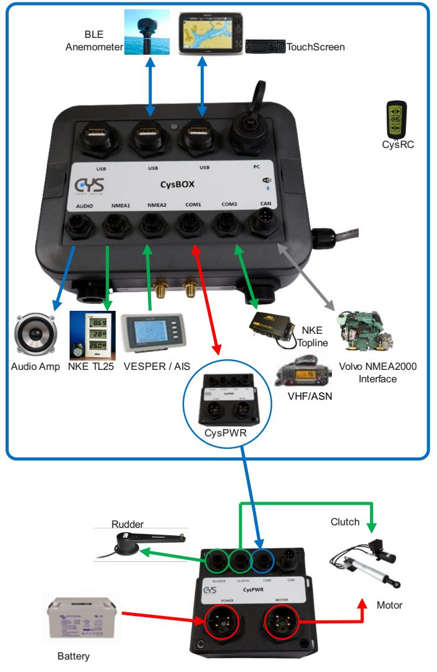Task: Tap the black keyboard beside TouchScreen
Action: pos(265,47)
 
